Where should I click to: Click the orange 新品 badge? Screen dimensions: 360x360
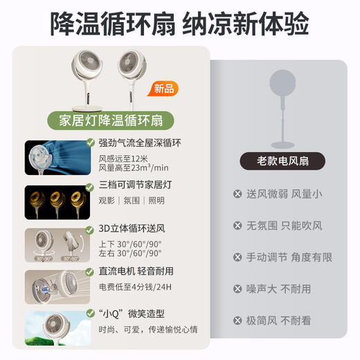point(164,89)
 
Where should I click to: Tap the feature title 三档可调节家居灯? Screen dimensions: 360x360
point(135,186)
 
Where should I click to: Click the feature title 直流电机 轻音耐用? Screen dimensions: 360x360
point(136,271)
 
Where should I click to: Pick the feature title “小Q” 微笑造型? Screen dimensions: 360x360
point(132,314)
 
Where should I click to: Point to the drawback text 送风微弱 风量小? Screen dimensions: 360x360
point(284,194)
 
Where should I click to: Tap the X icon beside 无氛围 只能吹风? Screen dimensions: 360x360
point(238,226)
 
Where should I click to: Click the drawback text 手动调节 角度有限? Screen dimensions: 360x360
point(289,257)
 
